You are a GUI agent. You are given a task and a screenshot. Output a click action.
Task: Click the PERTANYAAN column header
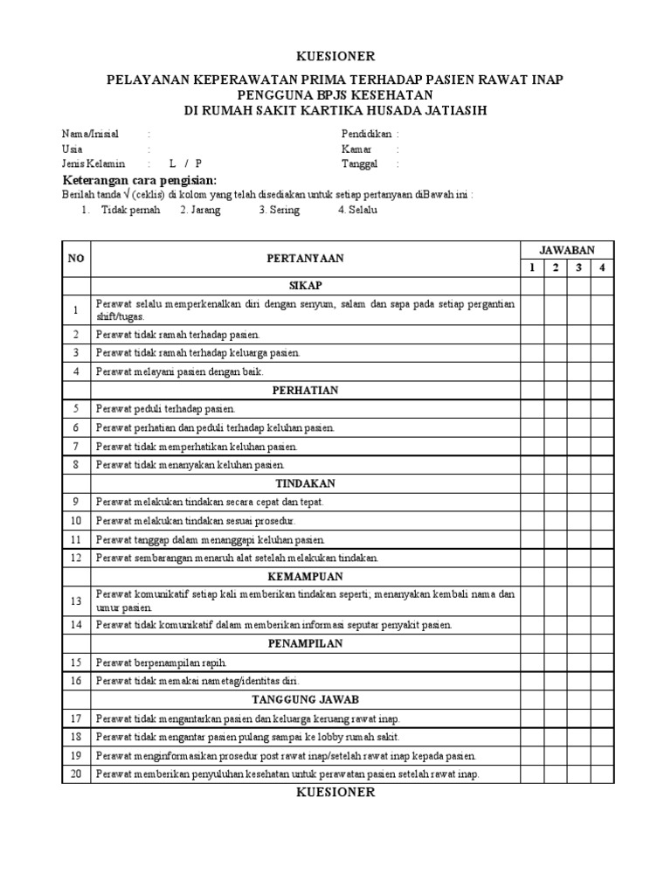click(x=305, y=259)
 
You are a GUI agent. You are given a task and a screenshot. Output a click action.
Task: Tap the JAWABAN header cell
click(x=566, y=250)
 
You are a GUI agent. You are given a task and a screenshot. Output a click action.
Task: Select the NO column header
click(x=76, y=259)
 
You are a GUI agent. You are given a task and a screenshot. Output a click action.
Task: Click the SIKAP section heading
click(x=305, y=286)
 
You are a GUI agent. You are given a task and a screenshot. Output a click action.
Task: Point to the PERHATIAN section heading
click(x=305, y=390)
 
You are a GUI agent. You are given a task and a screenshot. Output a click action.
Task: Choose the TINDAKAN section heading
click(x=305, y=483)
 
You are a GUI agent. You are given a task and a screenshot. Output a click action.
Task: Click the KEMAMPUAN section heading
click(x=305, y=577)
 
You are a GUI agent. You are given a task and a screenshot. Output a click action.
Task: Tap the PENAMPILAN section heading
click(x=305, y=643)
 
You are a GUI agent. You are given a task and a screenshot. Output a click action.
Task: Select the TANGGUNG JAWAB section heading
click(x=305, y=699)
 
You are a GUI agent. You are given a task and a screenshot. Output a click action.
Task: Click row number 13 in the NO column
click(x=76, y=600)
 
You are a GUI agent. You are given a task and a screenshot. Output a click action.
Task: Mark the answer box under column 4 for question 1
click(x=601, y=309)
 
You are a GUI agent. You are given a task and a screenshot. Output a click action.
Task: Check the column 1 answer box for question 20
click(x=531, y=774)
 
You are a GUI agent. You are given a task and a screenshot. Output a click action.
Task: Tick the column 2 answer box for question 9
click(x=555, y=502)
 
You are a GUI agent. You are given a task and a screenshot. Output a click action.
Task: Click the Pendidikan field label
click(x=366, y=134)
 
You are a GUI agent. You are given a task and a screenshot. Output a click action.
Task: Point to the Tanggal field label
click(x=360, y=163)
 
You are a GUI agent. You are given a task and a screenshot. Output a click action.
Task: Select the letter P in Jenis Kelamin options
click(x=198, y=163)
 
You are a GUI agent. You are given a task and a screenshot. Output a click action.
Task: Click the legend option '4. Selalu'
click(x=357, y=211)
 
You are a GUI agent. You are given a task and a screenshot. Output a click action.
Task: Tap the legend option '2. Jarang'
click(x=200, y=211)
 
